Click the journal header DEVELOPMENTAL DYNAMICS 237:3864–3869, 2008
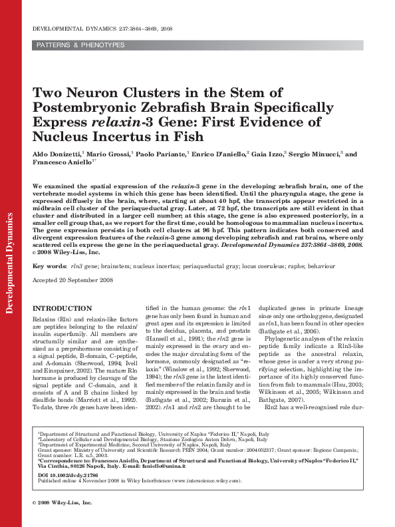(x=102, y=29)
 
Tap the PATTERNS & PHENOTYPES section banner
(x=80, y=45)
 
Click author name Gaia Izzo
(x=267, y=154)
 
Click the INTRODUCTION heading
(x=63, y=308)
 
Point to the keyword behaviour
(x=316, y=266)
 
